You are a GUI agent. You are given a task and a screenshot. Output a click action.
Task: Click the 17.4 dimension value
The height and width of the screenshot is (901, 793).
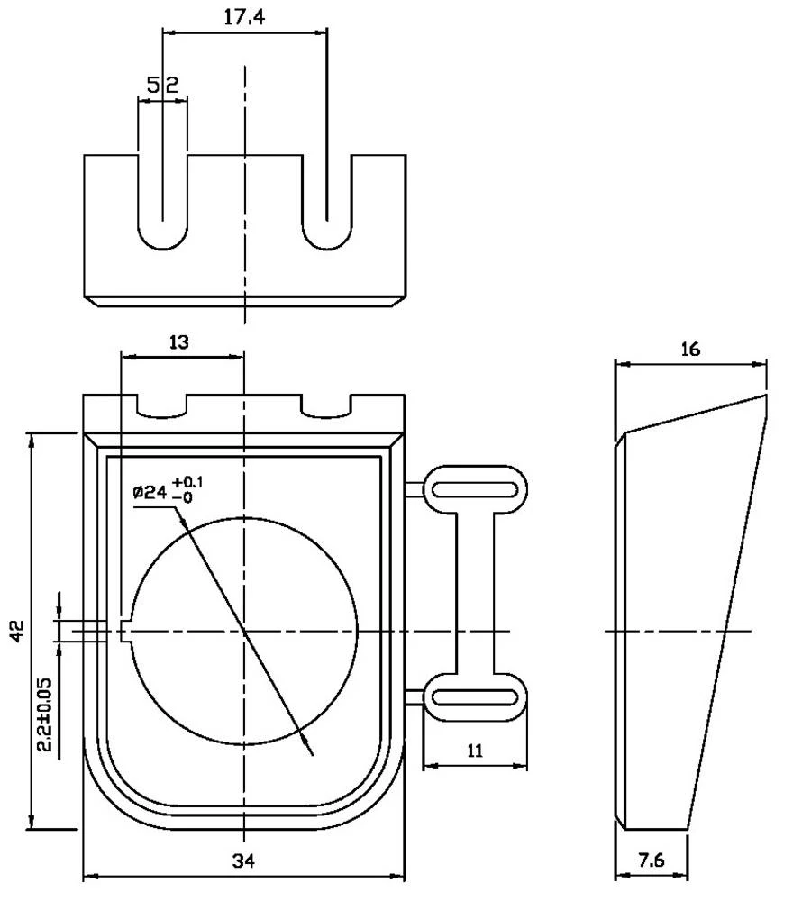244,17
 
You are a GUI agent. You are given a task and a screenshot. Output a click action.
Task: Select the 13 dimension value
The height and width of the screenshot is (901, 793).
179,341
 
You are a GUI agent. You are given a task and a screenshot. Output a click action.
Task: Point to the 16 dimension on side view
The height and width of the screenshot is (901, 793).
690,350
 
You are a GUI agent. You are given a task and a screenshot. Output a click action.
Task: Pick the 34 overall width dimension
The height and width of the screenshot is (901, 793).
243,860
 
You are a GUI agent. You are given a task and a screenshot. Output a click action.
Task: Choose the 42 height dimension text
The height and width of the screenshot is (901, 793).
17,631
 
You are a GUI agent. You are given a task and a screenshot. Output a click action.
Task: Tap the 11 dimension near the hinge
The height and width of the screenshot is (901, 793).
476,751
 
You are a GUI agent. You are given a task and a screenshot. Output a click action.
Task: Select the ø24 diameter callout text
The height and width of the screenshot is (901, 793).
150,492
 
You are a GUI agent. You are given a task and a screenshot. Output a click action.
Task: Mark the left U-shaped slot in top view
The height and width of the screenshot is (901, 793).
162,203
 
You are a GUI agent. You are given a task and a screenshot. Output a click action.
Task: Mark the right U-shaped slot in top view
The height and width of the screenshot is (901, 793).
326,203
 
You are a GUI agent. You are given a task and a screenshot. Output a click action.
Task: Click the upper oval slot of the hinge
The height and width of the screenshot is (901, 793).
475,489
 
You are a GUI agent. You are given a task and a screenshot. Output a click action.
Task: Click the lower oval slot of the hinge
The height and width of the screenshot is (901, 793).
475,696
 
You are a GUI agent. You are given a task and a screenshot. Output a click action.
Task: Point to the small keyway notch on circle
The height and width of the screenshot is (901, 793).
126,631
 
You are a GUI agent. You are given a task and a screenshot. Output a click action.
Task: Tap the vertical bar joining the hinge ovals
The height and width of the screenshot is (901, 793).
475,593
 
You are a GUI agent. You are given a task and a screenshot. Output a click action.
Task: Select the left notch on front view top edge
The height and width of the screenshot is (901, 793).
162,407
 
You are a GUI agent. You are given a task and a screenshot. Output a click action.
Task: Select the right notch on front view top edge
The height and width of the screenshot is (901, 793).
326,407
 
